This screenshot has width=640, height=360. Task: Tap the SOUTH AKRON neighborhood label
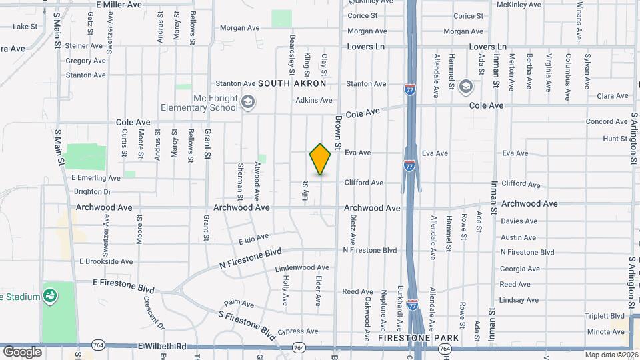292,84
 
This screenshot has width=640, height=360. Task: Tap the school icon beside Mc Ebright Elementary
248,102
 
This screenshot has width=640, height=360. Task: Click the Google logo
22,352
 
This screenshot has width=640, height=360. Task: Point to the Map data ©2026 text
610,355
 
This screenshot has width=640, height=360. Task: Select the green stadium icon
50,295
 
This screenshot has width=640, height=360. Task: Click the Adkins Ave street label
314,101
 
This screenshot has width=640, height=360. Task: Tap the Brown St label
339,132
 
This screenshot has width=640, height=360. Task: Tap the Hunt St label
611,139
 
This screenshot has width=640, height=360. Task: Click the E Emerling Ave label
95,179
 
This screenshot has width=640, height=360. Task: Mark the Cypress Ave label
299,331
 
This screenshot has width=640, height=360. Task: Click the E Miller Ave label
119,5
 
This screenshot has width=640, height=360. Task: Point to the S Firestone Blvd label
247,321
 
